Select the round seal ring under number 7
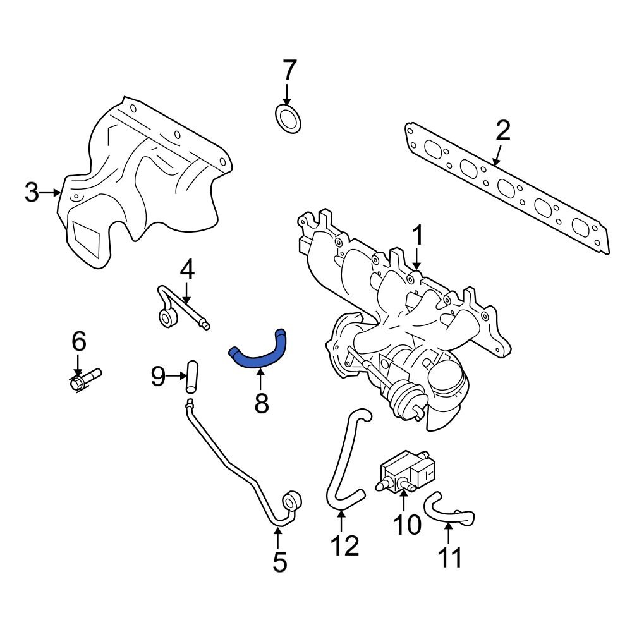289,119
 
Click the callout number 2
502,131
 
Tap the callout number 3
32,192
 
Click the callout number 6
78,341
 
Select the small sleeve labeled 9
191,378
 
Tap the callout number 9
158,377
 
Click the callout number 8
261,403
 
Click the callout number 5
279,561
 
